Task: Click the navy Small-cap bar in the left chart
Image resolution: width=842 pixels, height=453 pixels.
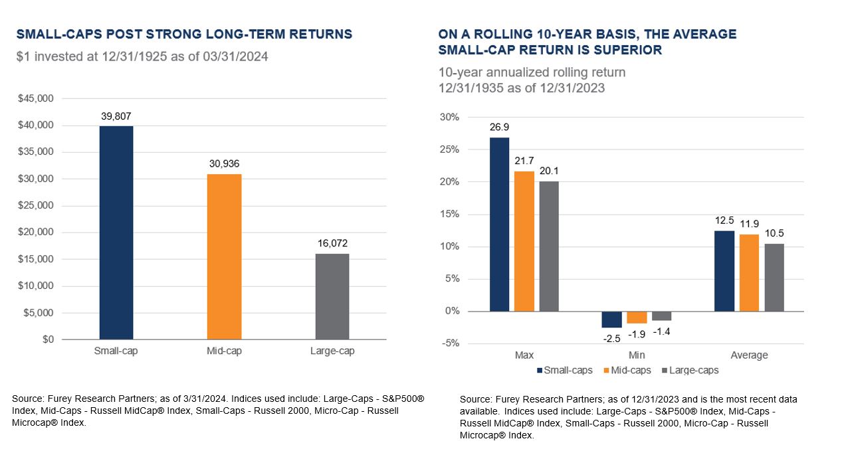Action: click(116, 232)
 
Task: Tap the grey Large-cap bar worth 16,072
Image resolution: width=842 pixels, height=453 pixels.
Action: click(332, 296)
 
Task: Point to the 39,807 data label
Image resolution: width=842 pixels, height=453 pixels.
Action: click(116, 116)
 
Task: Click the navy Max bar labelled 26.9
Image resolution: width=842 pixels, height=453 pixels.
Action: click(499, 224)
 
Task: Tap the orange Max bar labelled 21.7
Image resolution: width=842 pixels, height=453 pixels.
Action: click(524, 241)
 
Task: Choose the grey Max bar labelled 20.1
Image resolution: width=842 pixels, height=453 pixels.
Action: click(549, 246)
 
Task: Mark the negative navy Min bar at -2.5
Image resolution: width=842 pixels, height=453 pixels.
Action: click(611, 319)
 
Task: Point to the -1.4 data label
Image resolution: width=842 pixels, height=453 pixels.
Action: click(662, 330)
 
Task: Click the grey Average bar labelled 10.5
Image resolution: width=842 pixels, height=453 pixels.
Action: click(774, 277)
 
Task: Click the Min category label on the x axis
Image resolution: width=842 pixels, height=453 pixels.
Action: click(637, 355)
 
